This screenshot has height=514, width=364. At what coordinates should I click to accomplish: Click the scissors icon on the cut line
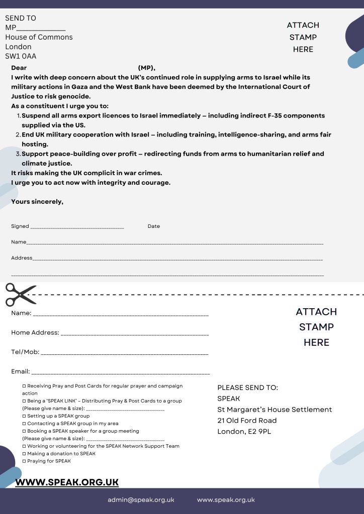pos(21,295)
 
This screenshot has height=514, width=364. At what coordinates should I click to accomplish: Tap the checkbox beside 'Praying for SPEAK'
pos(24,461)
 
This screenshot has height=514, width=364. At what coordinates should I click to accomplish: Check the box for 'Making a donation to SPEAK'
pos(24,453)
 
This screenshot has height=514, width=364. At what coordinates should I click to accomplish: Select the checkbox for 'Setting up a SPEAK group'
pos(24,416)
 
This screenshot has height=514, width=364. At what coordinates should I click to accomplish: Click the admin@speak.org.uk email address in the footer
pos(141,499)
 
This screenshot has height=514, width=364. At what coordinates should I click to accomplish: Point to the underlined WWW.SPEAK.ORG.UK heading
pos(67,482)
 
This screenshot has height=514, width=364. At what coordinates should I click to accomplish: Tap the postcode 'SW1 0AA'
pos(21,56)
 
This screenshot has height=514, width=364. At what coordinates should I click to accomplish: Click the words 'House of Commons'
pos(39,37)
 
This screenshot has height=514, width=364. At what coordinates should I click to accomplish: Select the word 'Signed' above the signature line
pos(20,226)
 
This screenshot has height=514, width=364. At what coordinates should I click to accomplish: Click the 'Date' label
pos(154,226)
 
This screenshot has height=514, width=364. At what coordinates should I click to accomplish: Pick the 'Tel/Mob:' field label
pos(25,352)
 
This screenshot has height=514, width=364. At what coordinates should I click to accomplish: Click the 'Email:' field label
pos(21,371)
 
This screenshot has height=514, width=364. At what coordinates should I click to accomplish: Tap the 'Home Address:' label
pos(35,332)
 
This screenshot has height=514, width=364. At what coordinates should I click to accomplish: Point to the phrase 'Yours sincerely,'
pos(37,202)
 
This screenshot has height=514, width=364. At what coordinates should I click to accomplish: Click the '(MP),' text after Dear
pos(147,68)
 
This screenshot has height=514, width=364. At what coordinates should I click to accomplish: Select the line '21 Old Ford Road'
pos(247,420)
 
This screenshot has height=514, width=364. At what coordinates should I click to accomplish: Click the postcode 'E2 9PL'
pos(259,431)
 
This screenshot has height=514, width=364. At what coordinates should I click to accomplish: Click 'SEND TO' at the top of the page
pos(21,18)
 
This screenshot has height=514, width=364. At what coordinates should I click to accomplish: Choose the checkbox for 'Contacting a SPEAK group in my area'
pos(24,423)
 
